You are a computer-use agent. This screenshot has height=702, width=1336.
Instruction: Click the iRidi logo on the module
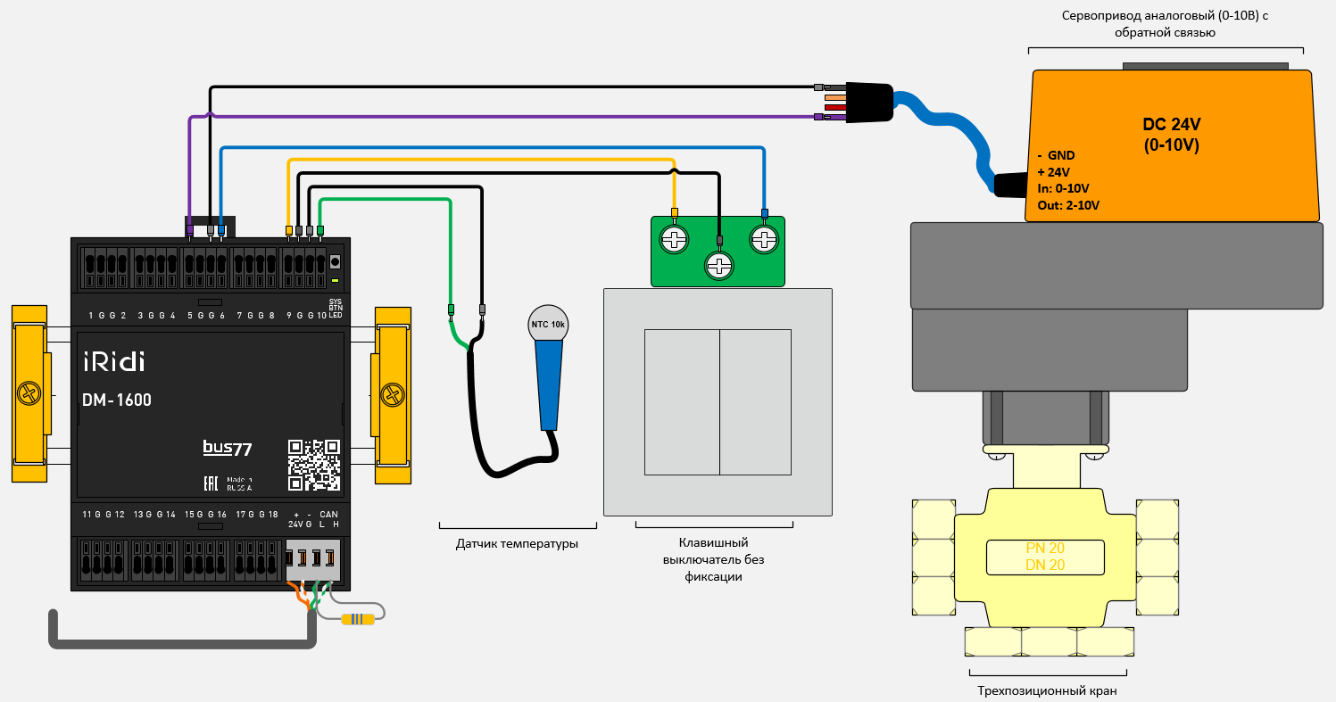tap(113, 361)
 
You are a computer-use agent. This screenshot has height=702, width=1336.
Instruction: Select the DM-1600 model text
tap(117, 401)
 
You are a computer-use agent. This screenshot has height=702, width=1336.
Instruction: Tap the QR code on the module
tap(314, 465)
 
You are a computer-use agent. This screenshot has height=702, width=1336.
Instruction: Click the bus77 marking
tap(227, 448)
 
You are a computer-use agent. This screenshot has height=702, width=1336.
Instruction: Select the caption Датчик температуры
tap(517, 543)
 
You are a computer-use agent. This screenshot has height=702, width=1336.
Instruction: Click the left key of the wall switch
tap(682, 401)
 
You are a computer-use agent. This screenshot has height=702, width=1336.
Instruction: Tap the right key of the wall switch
tap(755, 401)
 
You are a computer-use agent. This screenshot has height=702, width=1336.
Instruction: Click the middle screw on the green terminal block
tap(718, 264)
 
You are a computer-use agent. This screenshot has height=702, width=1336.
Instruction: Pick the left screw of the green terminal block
tap(674, 239)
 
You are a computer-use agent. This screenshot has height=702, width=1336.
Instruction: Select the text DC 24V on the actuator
tap(1173, 124)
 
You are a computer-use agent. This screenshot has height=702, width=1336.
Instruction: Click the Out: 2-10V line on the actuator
tap(1068, 204)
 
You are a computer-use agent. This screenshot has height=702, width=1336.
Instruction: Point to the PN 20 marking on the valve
tap(1045, 548)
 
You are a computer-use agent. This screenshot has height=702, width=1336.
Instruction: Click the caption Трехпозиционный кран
tap(1046, 690)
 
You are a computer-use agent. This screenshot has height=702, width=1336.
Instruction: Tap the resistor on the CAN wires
tap(358, 619)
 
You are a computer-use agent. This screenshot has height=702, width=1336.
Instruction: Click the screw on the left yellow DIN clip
tap(29, 393)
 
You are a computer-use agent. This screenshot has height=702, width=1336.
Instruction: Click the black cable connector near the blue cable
tap(868, 102)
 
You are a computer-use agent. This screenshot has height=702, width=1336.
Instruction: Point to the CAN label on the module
tap(328, 515)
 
